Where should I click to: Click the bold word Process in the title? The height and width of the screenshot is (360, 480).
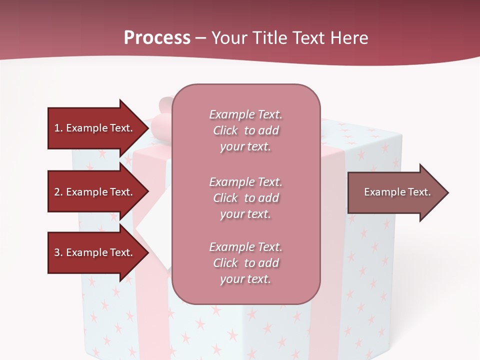click(157, 38)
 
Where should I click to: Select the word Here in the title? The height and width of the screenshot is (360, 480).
click(349, 38)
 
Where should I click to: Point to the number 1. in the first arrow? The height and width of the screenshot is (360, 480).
click(58, 128)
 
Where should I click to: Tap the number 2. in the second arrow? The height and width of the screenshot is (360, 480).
click(58, 192)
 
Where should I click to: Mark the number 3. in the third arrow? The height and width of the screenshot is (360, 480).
click(58, 252)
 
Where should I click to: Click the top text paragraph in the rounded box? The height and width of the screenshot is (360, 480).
click(245, 130)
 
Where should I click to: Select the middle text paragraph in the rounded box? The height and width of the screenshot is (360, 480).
click(245, 197)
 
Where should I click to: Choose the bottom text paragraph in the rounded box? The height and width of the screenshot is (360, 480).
click(245, 263)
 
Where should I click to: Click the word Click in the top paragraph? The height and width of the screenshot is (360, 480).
click(225, 130)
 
